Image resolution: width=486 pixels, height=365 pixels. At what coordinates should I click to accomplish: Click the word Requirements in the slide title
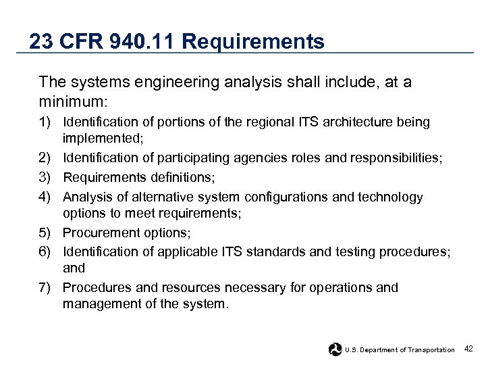point(253,42)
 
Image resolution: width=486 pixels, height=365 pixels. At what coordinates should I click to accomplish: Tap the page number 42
point(469,349)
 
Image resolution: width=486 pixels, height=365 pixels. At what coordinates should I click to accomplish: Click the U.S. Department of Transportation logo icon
point(335,349)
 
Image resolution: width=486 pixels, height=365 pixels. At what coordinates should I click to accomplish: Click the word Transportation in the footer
point(430,350)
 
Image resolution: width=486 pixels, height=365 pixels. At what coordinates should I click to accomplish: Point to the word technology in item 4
point(387,197)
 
